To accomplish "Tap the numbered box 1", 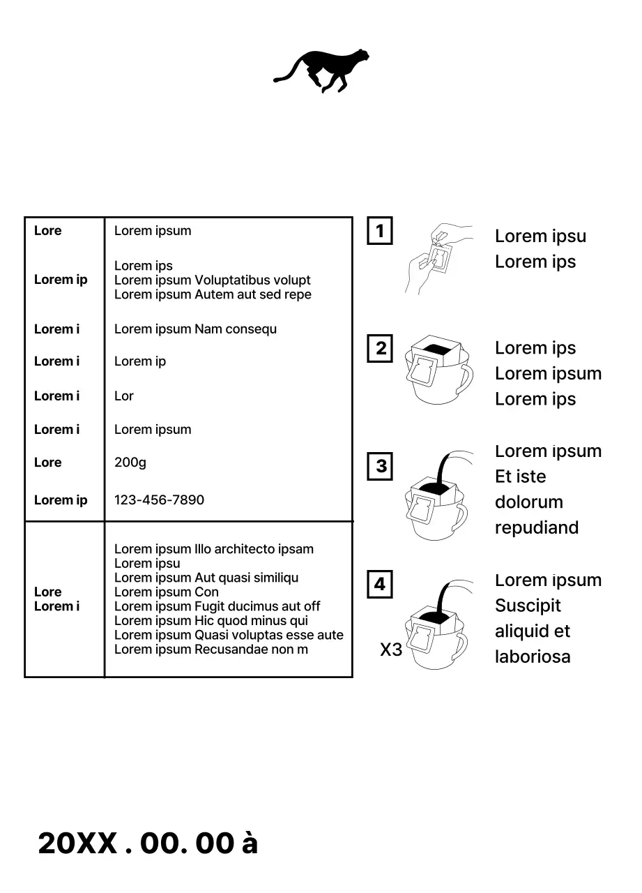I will pos(380,231).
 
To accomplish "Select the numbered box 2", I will pos(380,348).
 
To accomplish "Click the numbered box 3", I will pos(380,466).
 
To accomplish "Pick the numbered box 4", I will pos(380,584).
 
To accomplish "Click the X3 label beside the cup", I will pos(391,650).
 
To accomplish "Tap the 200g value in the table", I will pos(130,463).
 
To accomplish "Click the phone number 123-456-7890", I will pos(159,500).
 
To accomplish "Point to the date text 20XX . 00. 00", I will pos(136,843).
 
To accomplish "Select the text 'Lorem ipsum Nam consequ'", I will pos(195,329).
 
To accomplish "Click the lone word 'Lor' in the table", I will pos(123,396).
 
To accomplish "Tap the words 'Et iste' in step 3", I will pos(520,477).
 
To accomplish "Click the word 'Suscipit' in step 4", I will pos(528,606).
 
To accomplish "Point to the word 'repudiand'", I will pos(537,528).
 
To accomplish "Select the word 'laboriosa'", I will pos(533,656).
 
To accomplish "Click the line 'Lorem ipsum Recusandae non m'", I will pos(211,650).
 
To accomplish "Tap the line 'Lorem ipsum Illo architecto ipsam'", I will pos(213,549).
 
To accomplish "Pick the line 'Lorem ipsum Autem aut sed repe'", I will pos(213,294).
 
